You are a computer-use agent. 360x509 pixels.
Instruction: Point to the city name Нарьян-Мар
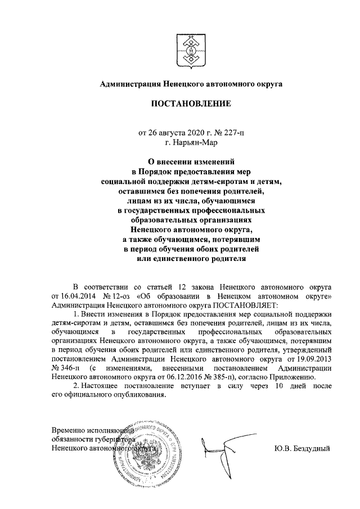[195, 143]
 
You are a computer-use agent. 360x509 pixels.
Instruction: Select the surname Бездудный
[312, 448]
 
